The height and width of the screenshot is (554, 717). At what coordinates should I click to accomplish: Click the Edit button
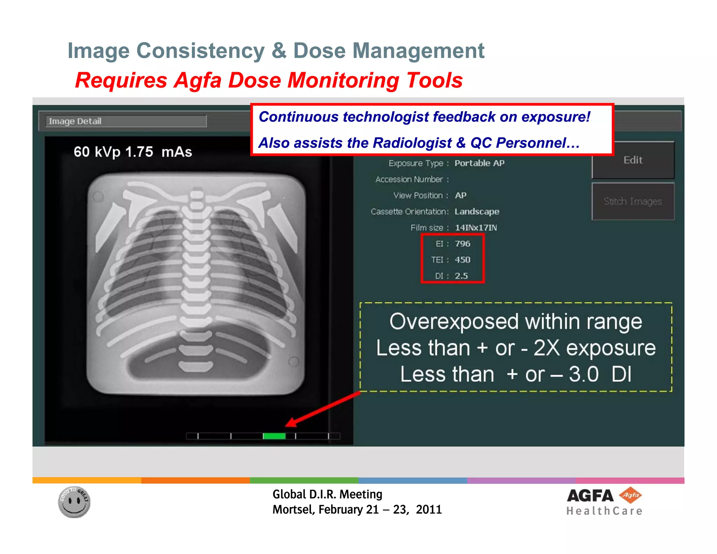pyautogui.click(x=633, y=160)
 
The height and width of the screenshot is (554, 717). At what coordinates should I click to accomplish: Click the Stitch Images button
pyautogui.click(x=633, y=201)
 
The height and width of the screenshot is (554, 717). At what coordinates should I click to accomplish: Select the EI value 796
pyautogui.click(x=462, y=244)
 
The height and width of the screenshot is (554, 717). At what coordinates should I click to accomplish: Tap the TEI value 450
pyautogui.click(x=462, y=260)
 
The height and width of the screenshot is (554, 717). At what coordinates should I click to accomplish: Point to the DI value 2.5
pyautogui.click(x=461, y=276)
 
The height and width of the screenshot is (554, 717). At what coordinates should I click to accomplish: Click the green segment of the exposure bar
pyautogui.click(x=274, y=436)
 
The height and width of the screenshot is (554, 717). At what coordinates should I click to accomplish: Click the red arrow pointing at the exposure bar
pyautogui.click(x=322, y=410)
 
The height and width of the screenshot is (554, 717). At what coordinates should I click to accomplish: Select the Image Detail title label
pyautogui.click(x=75, y=121)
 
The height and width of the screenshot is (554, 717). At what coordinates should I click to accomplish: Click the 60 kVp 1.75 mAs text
pyautogui.click(x=133, y=152)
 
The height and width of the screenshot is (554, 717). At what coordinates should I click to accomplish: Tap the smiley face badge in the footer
pyautogui.click(x=74, y=502)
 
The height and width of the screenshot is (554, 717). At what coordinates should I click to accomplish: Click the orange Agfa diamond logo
pyautogui.click(x=630, y=495)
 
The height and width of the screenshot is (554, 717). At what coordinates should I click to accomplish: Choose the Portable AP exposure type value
pyautogui.click(x=479, y=163)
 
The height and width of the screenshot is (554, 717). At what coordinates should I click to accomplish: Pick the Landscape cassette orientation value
pyautogui.click(x=476, y=212)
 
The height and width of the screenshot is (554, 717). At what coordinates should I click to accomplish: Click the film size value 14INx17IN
pyautogui.click(x=475, y=228)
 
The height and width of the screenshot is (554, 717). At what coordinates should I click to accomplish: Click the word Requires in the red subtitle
pyautogui.click(x=121, y=81)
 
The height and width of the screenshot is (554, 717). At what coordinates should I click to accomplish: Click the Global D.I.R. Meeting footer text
pyautogui.click(x=327, y=494)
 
